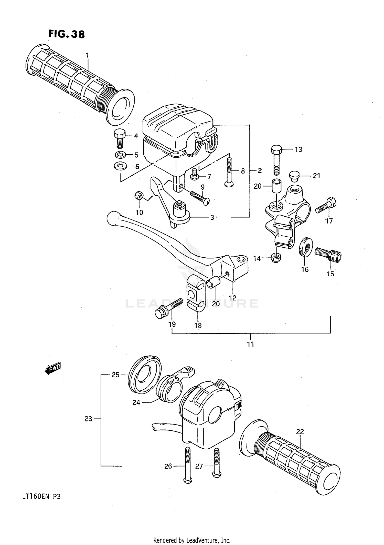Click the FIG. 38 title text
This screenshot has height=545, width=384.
pyautogui.click(x=67, y=34)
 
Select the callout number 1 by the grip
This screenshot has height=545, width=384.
pyautogui.click(x=87, y=55)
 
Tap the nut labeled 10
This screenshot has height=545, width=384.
pyautogui.click(x=138, y=196)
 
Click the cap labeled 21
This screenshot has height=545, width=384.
pyautogui.click(x=294, y=177)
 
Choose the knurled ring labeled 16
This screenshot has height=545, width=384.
pyautogui.click(x=305, y=246)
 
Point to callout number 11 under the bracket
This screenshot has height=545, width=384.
pyautogui.click(x=250, y=344)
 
